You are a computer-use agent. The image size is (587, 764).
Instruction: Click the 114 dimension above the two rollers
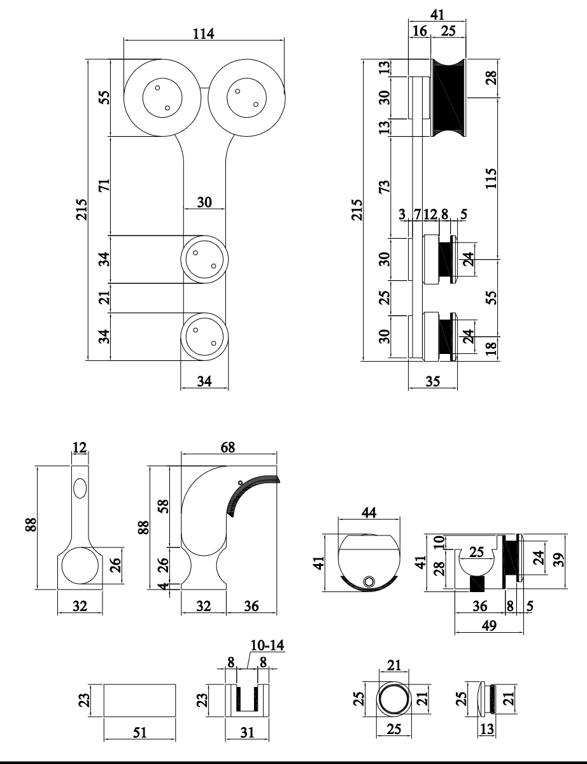204,34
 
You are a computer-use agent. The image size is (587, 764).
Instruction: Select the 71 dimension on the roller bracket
105,185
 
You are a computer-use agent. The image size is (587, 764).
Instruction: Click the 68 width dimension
228,447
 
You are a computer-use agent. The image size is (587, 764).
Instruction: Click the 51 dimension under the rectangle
139,733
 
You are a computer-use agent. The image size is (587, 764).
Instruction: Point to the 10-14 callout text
267,645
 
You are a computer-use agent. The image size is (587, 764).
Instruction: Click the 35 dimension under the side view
432,383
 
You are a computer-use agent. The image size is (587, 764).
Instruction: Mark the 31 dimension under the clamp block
247,733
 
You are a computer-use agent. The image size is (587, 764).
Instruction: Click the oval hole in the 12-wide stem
80,489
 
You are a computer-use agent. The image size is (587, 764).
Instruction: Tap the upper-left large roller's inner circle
162,99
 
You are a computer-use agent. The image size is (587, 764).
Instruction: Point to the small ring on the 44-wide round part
369,581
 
